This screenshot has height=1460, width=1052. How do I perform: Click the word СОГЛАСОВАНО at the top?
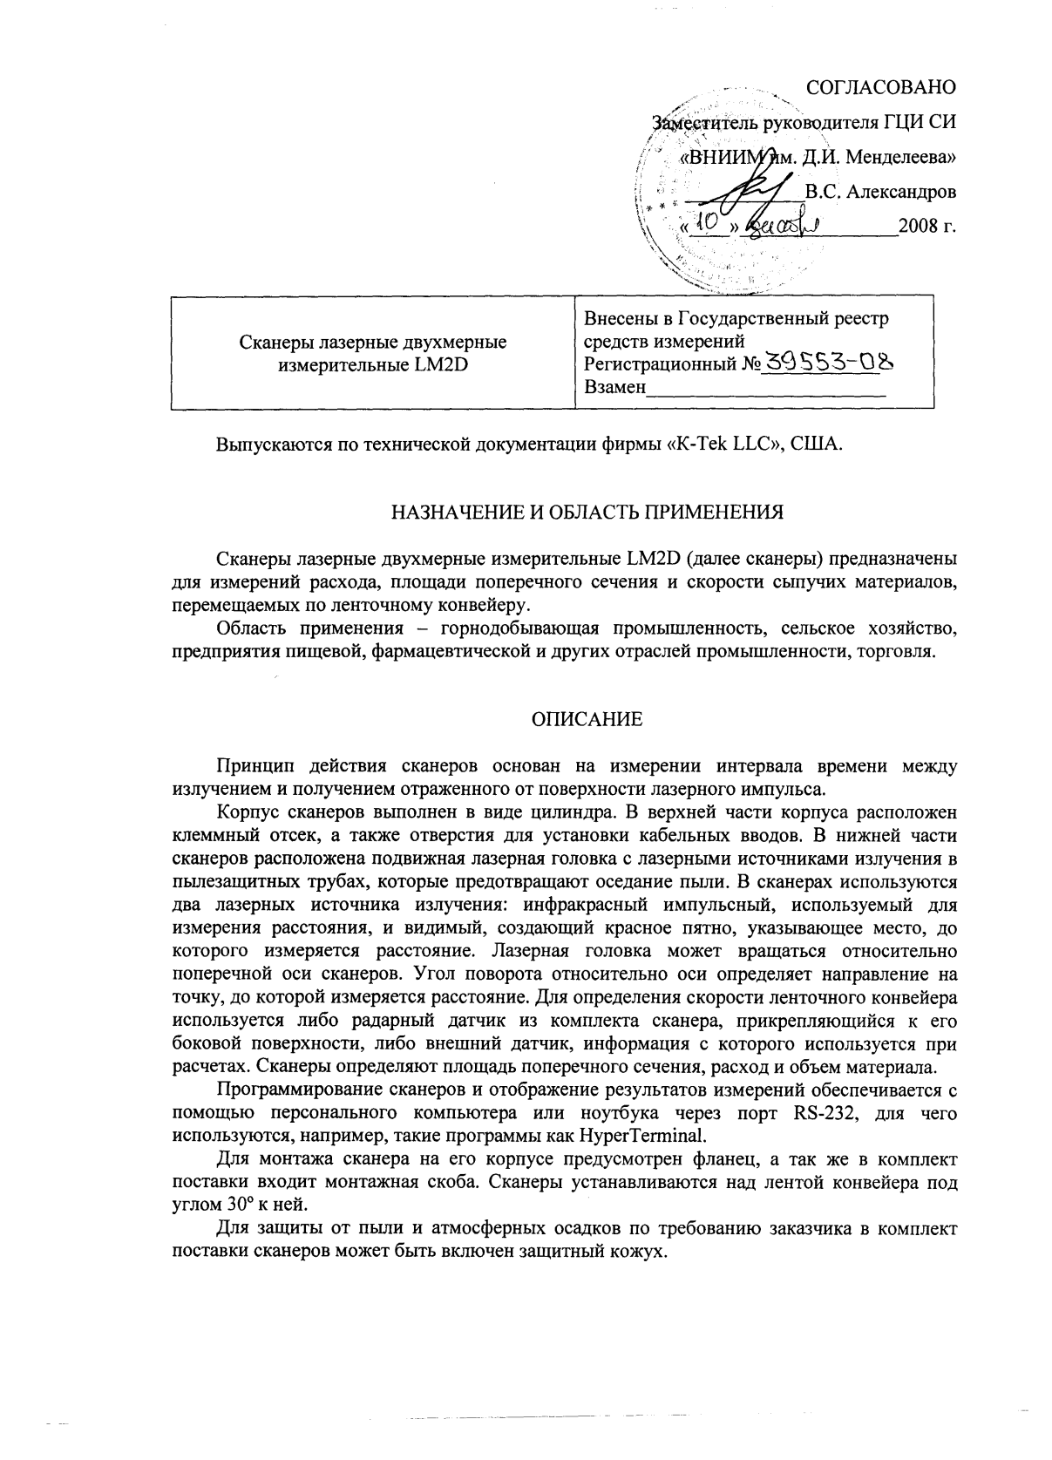pyautogui.click(x=881, y=87)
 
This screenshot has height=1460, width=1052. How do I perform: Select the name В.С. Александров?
pyautogui.click(x=880, y=192)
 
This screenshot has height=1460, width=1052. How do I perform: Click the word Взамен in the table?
pyautogui.click(x=614, y=387)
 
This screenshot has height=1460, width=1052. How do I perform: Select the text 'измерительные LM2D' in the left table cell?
pyautogui.click(x=372, y=364)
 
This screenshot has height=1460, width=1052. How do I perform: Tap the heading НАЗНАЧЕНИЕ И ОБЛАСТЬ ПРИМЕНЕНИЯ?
pyautogui.click(x=586, y=512)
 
